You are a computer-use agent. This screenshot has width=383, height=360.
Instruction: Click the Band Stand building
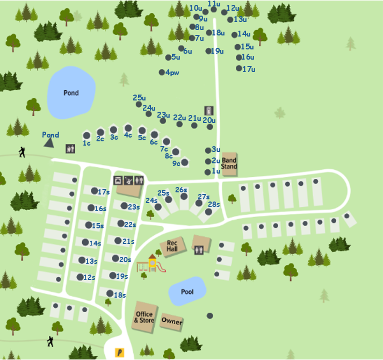(229, 163)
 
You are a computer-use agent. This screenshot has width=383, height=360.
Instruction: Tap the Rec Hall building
(172, 246)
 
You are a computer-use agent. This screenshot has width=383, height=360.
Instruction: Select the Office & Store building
(144, 316)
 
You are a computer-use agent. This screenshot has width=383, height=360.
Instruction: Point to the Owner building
(172, 322)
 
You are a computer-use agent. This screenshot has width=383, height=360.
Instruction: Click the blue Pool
(187, 292)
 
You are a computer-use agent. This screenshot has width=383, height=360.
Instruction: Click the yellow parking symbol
(120, 352)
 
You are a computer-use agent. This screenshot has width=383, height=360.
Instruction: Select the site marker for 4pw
(162, 72)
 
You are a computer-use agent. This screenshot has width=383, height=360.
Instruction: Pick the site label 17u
(249, 69)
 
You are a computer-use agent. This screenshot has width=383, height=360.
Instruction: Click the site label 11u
(214, 3)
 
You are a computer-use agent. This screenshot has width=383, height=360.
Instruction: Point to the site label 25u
(139, 97)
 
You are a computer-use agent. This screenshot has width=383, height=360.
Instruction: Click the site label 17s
(104, 192)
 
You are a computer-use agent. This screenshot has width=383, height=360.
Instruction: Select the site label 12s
(89, 277)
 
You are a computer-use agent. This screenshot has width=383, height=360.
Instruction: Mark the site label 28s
(214, 204)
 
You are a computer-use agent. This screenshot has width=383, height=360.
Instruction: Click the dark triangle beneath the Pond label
(49, 143)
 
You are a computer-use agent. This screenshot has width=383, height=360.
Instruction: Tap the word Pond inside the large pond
(71, 93)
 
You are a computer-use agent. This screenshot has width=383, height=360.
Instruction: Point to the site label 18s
(119, 295)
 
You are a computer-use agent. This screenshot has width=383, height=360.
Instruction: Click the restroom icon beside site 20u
(208, 110)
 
